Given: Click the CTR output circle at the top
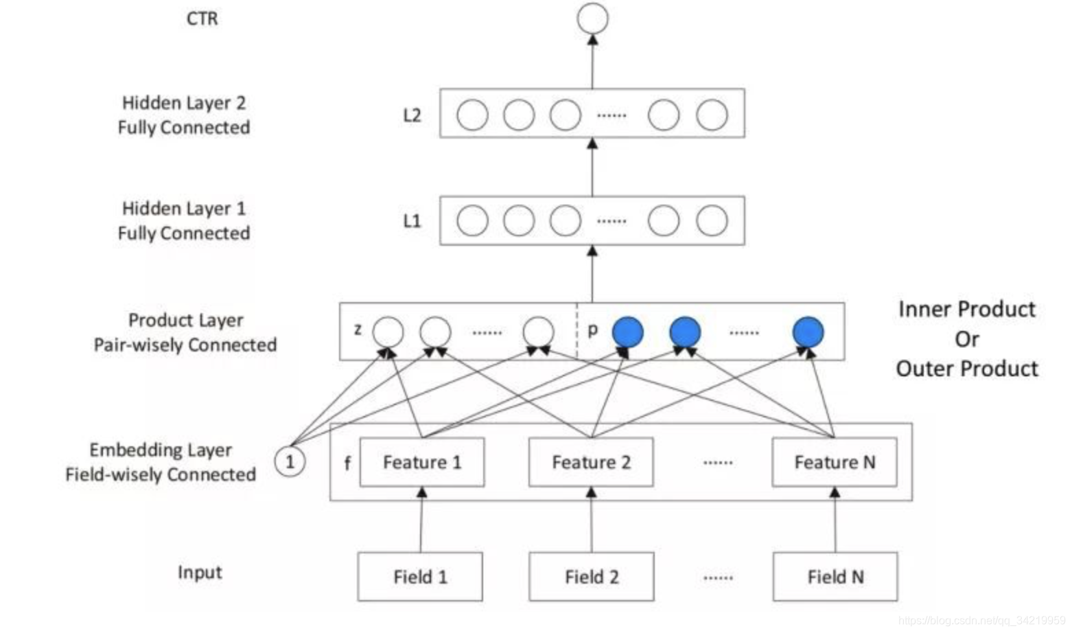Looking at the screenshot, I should tap(592, 18).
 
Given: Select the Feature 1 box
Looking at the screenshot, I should tap(421, 462).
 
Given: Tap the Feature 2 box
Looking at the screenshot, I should tap(591, 462).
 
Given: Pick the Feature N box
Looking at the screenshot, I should tap(835, 462).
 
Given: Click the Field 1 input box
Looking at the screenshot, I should tap(420, 577).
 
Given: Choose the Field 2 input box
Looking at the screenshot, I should tap(592, 577).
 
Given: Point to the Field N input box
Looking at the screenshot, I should tap(835, 577).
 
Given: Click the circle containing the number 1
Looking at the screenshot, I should tap(290, 461).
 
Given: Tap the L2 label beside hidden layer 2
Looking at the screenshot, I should tap(412, 115).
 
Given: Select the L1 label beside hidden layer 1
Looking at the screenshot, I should tap(412, 220).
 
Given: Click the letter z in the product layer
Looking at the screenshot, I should tap(358, 330).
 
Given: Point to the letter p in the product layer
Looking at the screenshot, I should tap(593, 330).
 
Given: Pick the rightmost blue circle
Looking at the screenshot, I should tap(808, 332).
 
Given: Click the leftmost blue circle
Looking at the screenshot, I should tap(627, 332).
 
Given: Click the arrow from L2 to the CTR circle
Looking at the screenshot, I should tap(593, 62).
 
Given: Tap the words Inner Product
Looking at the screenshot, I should tap(967, 310).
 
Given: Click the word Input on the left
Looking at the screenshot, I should tap(200, 572).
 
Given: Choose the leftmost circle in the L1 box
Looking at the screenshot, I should tap(472, 221).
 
